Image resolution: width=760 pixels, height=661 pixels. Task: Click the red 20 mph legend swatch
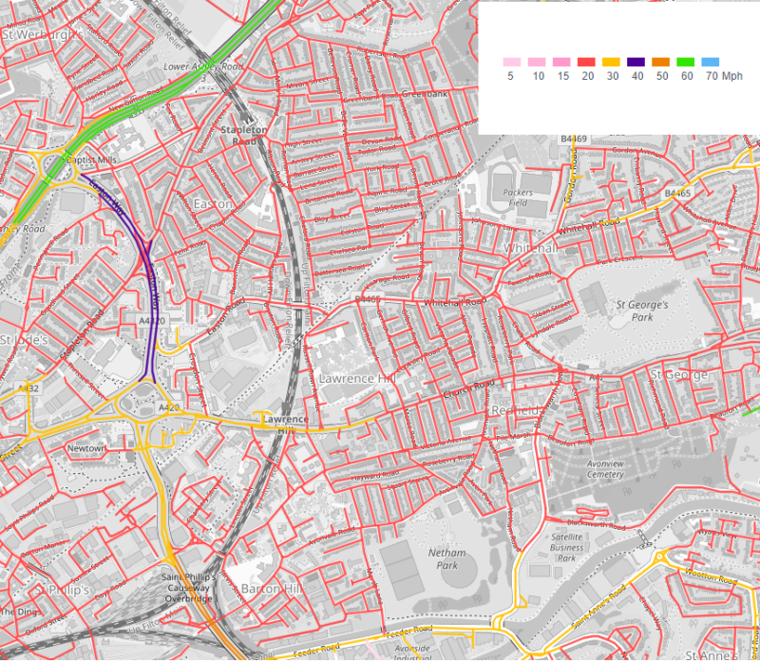585,62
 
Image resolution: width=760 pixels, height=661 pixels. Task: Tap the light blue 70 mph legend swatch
710,62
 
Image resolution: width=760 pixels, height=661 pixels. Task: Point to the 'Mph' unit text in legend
732,75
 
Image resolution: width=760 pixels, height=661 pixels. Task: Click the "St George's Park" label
643,311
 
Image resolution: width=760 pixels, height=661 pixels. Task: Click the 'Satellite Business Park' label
567,546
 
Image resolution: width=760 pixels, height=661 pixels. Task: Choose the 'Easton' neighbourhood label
212,204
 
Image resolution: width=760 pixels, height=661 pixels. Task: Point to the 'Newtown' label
84,447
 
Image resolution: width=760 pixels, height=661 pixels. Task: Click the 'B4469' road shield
575,139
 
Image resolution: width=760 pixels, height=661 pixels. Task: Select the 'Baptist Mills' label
89,160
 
